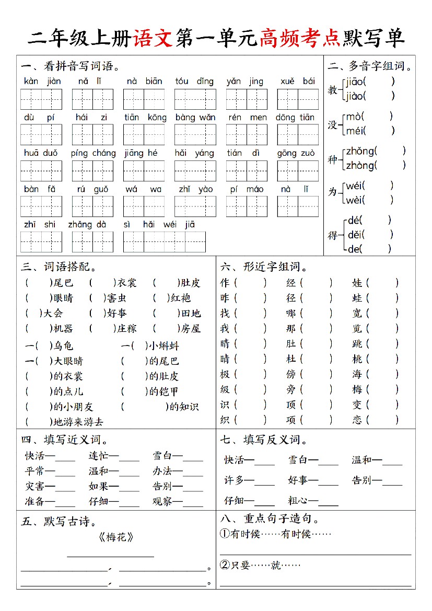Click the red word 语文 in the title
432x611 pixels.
tap(153, 38)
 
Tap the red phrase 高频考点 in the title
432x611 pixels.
tap(299, 38)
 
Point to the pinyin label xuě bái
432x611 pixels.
tap(298, 82)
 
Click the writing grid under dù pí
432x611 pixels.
tap(41, 134)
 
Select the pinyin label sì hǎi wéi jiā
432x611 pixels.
tap(159, 225)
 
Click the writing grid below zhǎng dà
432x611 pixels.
tap(92, 241)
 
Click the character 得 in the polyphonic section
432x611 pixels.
tap(333, 235)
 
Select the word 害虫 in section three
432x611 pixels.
tap(116, 298)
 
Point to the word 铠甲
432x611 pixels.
tap(168, 391)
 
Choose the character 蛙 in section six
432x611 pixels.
tap(357, 298)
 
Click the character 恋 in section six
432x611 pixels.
tap(357, 420)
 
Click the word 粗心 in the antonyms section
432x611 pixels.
tap(298, 500)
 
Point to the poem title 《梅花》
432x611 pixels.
tap(115, 537)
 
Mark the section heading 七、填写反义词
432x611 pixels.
tap(264, 440)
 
